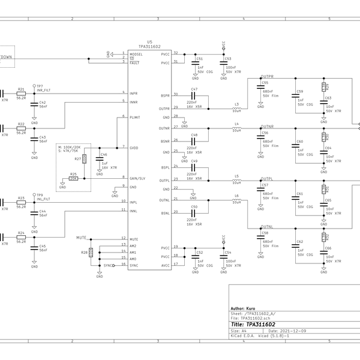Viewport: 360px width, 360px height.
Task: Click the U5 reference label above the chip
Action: click(x=149, y=42)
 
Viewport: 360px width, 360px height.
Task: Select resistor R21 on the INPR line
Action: click(x=21, y=93)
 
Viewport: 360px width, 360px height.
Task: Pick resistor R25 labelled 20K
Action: click(x=74, y=178)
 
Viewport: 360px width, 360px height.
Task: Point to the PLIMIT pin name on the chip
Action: click(x=136, y=118)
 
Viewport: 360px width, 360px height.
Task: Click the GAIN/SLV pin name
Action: click(x=138, y=178)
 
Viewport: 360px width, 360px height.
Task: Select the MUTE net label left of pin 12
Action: click(x=82, y=238)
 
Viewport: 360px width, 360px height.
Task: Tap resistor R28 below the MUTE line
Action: click(x=91, y=253)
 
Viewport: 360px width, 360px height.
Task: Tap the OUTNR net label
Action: click(x=266, y=127)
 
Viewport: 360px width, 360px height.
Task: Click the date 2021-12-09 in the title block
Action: click(x=289, y=330)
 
